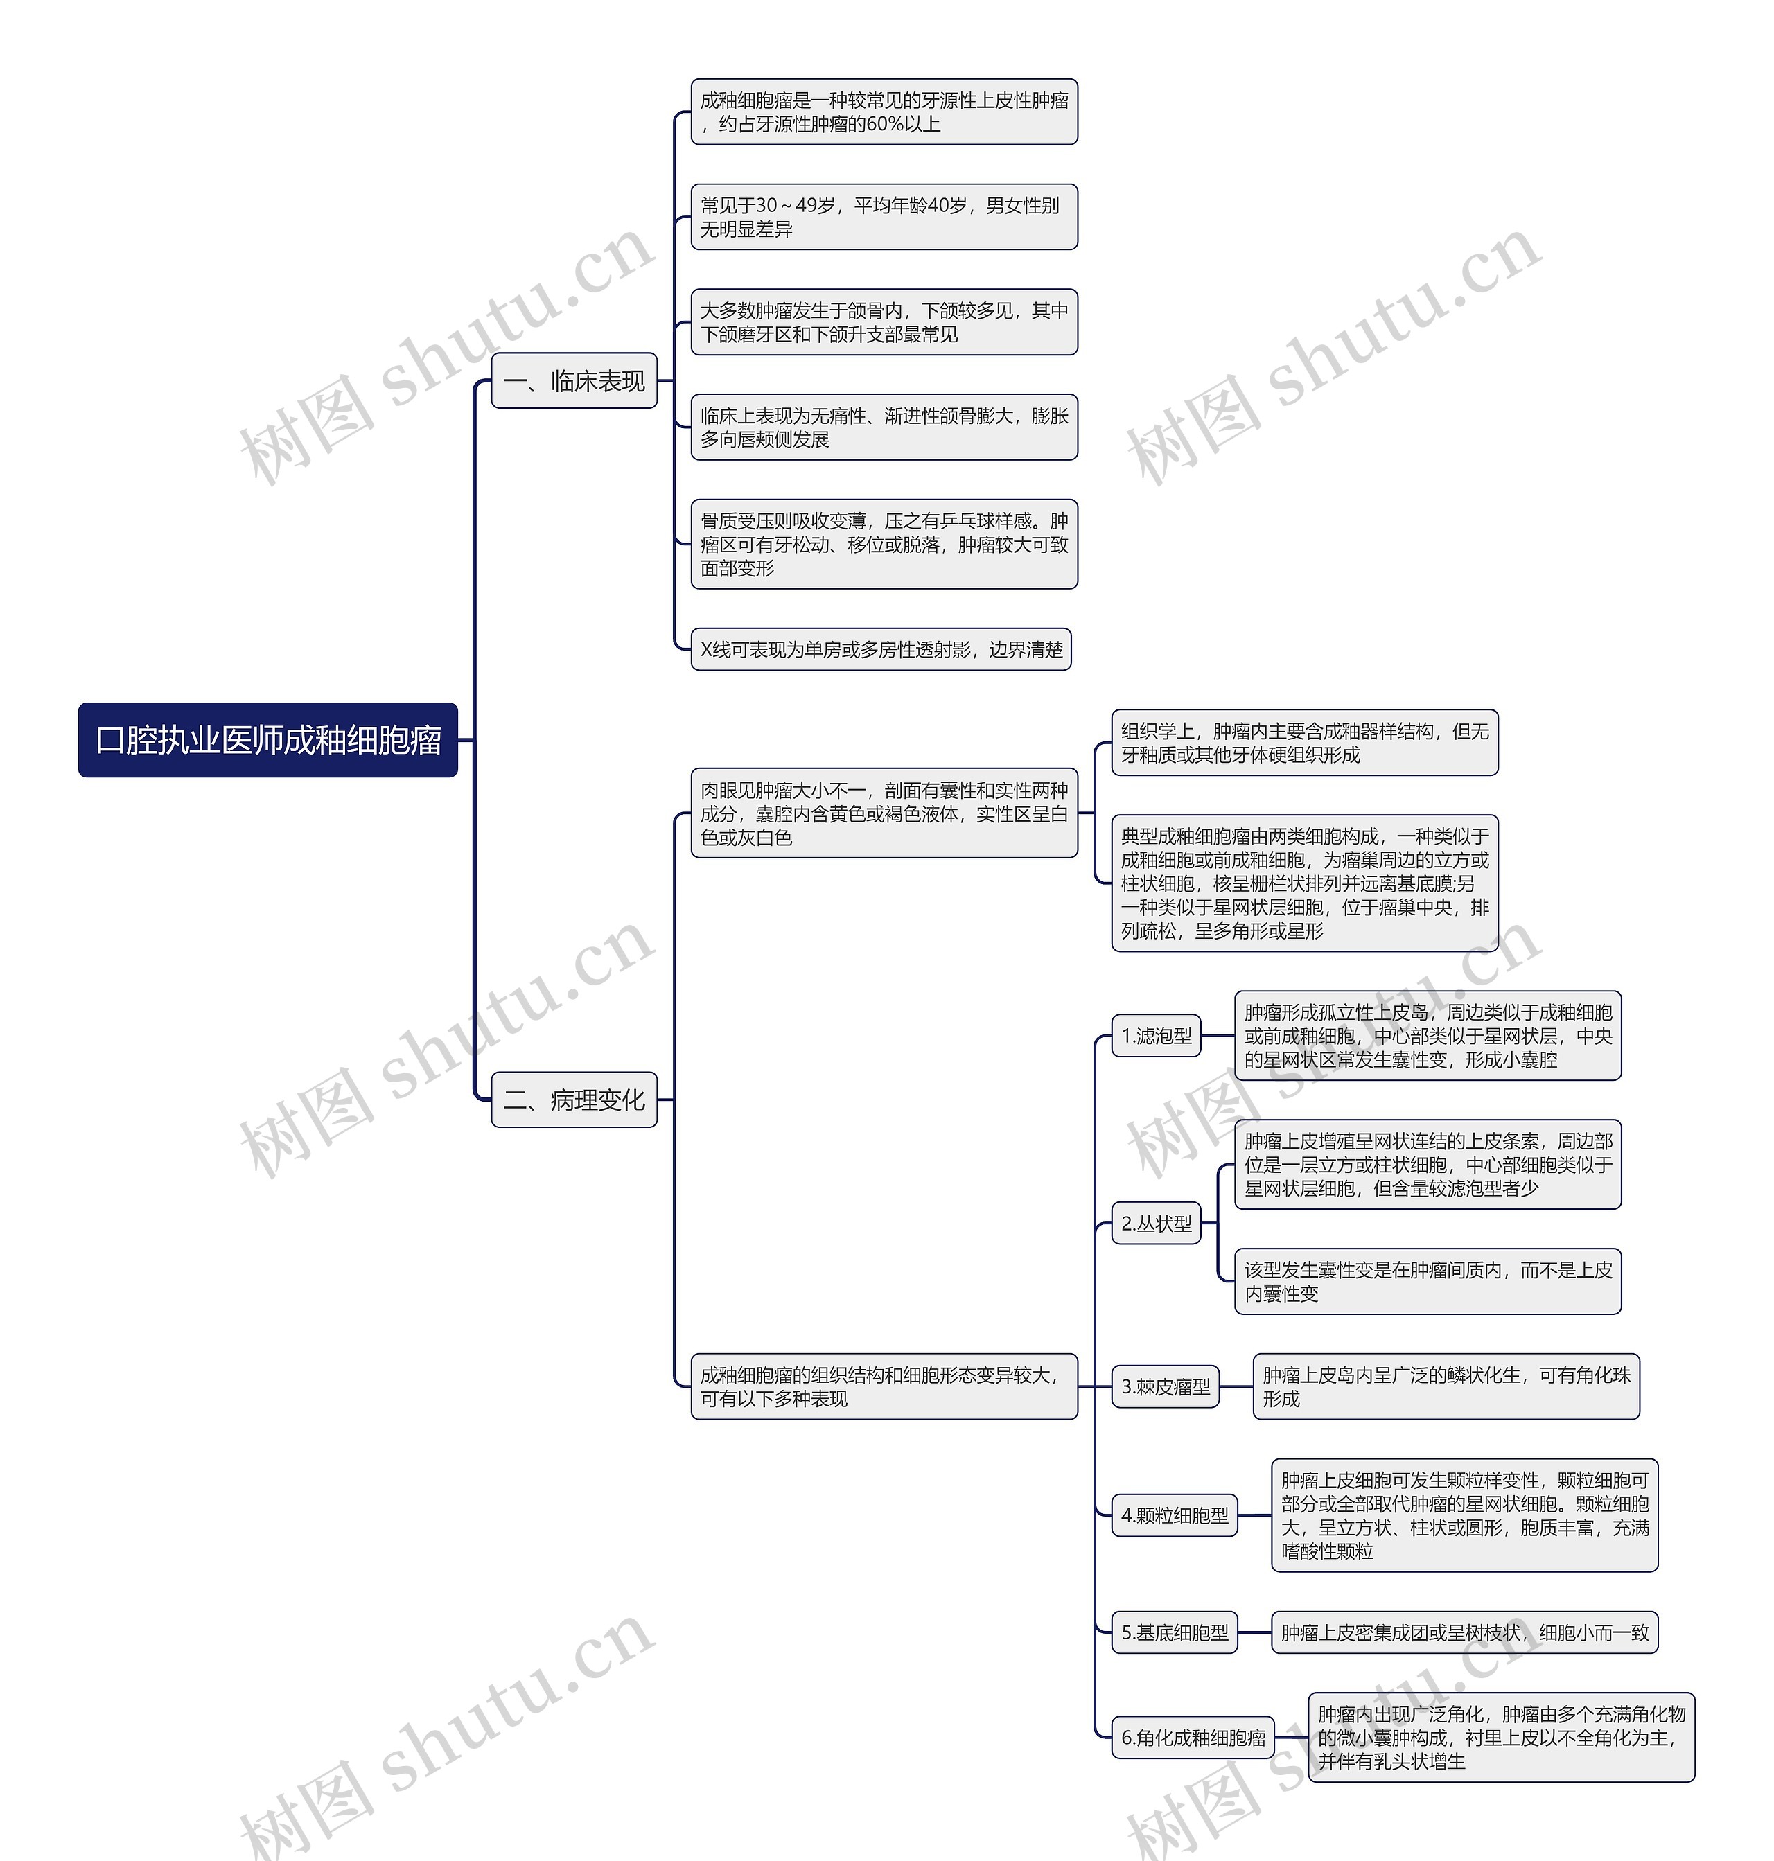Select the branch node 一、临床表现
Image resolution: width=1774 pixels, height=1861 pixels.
[573, 381]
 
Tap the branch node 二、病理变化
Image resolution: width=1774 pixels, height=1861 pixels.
[573, 1100]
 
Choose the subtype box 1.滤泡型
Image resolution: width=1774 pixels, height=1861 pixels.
[1156, 1035]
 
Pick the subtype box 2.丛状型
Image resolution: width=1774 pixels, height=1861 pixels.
[1156, 1224]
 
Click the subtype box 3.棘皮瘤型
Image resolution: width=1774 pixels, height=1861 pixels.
[1165, 1386]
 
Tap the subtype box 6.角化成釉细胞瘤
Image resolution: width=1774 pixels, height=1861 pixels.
[1193, 1737]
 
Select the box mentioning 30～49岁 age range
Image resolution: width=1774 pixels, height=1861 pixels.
[884, 217]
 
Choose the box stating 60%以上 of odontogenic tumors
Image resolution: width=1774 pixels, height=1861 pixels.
[884, 112]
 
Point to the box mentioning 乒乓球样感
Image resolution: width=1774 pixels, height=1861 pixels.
[884, 544]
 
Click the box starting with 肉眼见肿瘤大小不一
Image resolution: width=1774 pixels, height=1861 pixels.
[884, 813]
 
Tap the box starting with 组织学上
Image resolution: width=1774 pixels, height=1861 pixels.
[1304, 742]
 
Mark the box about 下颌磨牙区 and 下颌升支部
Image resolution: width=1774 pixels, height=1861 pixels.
[884, 321]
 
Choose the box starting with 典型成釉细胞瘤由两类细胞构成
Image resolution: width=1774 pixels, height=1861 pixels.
[1304, 883]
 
